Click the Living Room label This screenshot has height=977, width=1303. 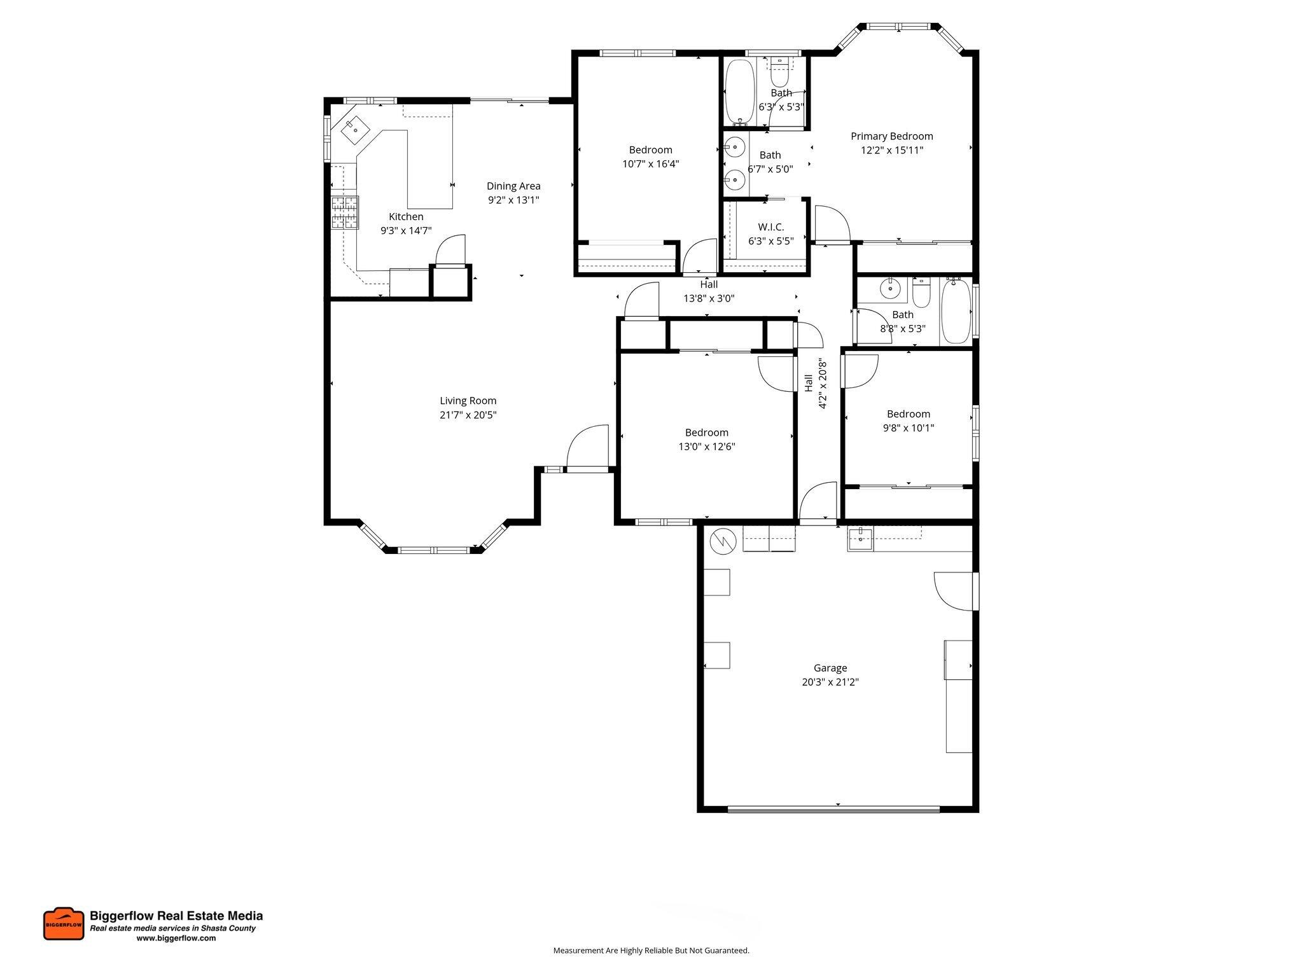pos(468,401)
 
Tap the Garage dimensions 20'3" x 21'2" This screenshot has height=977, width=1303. pos(830,682)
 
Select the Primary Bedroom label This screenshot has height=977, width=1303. pos(891,136)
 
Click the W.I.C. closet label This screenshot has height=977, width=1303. pos(770,227)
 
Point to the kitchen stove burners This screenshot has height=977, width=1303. pos(344,212)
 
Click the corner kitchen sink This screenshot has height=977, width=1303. pos(355,130)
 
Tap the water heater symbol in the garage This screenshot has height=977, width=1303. pos(723,540)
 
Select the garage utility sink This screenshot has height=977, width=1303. pos(860,539)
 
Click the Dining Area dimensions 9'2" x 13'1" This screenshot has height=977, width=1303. pos(513,200)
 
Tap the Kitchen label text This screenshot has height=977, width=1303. pos(406,217)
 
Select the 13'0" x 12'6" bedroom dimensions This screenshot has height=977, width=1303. pos(706,447)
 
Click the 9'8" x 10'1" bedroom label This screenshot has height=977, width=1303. pos(908,414)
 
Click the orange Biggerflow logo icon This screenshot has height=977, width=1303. pos(64,924)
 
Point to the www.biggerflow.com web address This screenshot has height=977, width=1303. pos(176,938)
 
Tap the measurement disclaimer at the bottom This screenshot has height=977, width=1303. pos(651,950)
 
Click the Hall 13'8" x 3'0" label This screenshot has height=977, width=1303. pos(708,291)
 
